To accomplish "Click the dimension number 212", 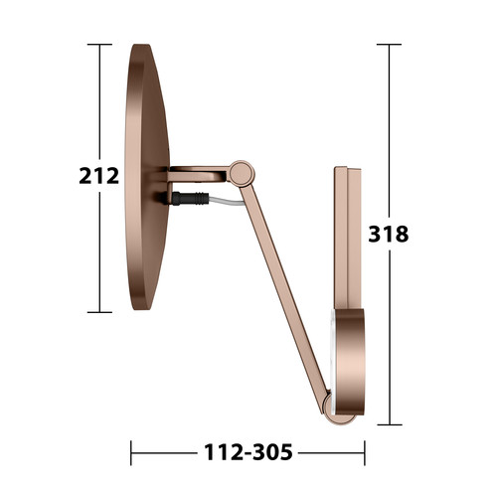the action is (99, 176).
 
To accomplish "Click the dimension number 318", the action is (389, 234).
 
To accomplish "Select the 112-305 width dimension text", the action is (248, 452).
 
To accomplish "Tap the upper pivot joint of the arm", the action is (242, 173).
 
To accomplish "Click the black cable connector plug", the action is (190, 199).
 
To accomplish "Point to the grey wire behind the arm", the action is (227, 201).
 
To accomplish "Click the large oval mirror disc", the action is (147, 177).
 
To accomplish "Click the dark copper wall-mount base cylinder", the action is (351, 362).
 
